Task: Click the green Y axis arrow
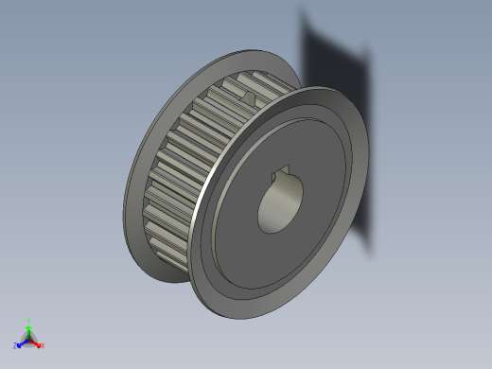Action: tap(29, 327)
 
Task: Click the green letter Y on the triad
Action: tap(29, 321)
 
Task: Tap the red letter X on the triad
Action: tap(43, 345)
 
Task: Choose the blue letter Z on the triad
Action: tap(16, 346)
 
